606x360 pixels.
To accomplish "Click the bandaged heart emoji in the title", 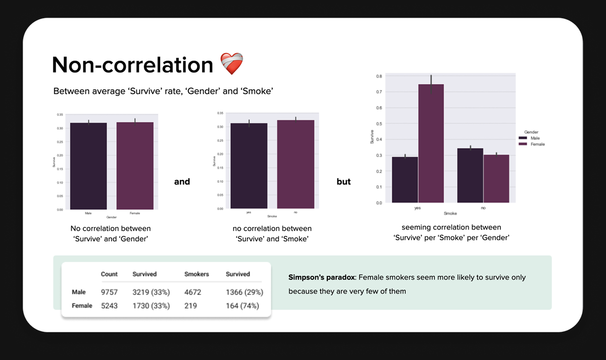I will click(232, 64).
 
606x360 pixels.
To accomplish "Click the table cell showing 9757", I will click(109, 292).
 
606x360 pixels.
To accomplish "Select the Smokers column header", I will click(197, 274).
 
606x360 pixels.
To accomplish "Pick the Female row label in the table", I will click(82, 305).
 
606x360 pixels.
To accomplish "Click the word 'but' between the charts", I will click(343, 182).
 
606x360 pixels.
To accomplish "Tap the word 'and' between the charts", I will click(182, 182).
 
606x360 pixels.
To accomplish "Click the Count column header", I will click(109, 274).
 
